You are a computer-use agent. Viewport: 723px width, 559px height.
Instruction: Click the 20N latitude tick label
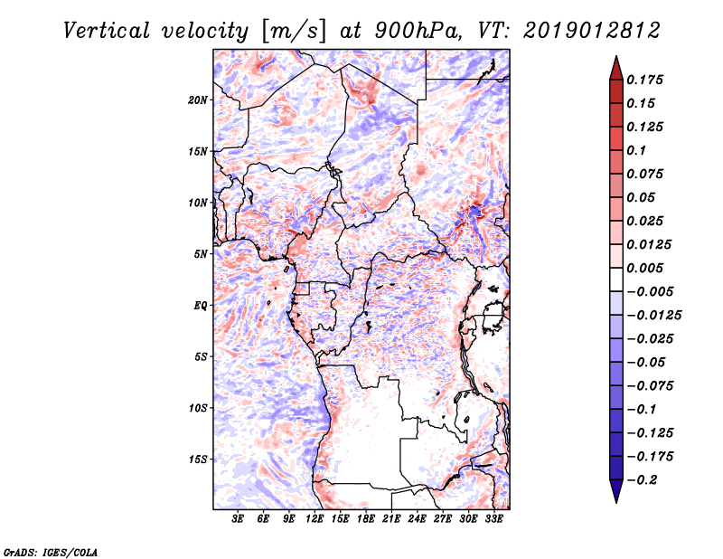pos(198,99)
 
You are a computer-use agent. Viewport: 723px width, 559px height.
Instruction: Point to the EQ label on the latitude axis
pos(200,306)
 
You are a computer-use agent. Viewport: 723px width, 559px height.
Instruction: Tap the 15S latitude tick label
pos(198,460)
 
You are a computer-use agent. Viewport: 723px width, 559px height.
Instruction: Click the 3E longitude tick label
pos(239,519)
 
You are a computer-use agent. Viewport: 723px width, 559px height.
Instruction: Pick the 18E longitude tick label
pos(367,519)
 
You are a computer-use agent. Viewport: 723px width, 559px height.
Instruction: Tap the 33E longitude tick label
pos(494,519)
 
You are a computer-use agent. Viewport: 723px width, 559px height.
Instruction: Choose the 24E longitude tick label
pos(418,519)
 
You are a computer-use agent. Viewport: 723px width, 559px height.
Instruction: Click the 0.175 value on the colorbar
pos(646,80)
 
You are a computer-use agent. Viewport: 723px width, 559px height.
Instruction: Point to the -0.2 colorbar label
pos(646,479)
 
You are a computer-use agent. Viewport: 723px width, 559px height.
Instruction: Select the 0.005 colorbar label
pos(646,268)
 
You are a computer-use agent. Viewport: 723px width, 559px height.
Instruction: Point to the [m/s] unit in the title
pos(289,30)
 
